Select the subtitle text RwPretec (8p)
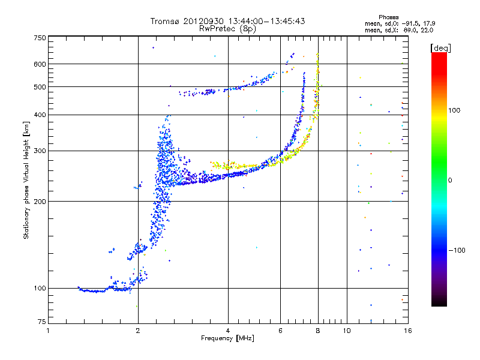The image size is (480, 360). point(227,29)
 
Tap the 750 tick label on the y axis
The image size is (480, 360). point(40,38)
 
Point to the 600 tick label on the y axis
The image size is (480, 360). point(40,64)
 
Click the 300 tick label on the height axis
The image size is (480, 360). point(40,151)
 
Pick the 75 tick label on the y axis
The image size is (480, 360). point(42,322)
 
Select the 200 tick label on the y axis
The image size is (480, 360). point(40,201)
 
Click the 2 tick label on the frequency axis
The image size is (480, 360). point(138,331)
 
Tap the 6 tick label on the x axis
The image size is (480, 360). point(280,331)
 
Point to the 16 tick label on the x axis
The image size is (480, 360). point(408,331)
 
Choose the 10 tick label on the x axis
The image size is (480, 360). point(347,331)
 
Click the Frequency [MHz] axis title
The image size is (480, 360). point(227,338)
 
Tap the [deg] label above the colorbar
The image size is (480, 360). point(440,48)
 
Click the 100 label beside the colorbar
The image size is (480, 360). point(454,110)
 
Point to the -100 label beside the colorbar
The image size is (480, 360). point(457,250)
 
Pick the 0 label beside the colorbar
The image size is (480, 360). point(450,180)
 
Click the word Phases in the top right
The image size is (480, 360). point(388,17)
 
